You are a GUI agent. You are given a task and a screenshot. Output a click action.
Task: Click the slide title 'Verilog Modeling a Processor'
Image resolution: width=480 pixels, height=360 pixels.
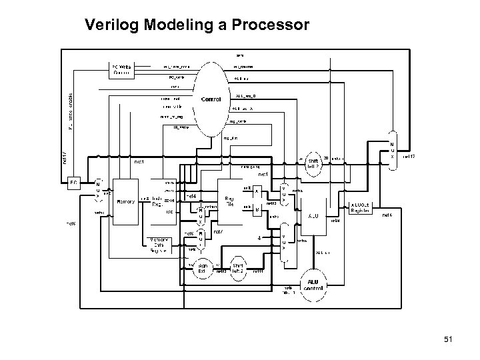point(197,26)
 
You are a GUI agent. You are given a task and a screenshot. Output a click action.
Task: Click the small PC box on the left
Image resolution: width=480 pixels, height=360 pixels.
point(74,181)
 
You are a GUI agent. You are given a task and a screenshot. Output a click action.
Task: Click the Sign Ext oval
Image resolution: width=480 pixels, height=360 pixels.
point(203,269)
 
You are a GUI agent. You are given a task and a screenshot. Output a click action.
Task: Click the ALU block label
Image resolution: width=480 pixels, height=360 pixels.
point(313,216)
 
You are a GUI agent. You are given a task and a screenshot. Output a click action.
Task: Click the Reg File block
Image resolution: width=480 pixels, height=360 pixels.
point(229,200)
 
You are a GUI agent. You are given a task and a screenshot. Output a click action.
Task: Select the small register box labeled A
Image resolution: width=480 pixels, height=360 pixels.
point(257,191)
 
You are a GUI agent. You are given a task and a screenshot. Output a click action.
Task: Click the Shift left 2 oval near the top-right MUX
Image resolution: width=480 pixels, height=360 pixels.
point(313,163)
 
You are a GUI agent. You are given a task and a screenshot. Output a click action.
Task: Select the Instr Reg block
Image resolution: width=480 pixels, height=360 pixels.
point(157,202)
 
